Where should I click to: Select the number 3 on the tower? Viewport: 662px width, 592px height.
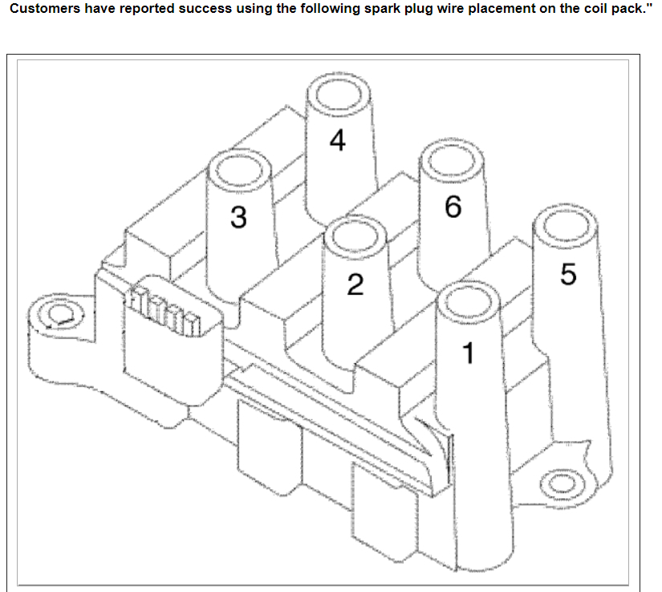[238, 217]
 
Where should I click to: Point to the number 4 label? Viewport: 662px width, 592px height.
[338, 141]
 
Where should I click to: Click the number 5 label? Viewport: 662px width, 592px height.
[568, 275]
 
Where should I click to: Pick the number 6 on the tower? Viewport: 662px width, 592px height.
[453, 208]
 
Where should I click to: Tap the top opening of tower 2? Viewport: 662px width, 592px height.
[355, 237]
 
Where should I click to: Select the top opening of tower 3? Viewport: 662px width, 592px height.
[238, 170]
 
